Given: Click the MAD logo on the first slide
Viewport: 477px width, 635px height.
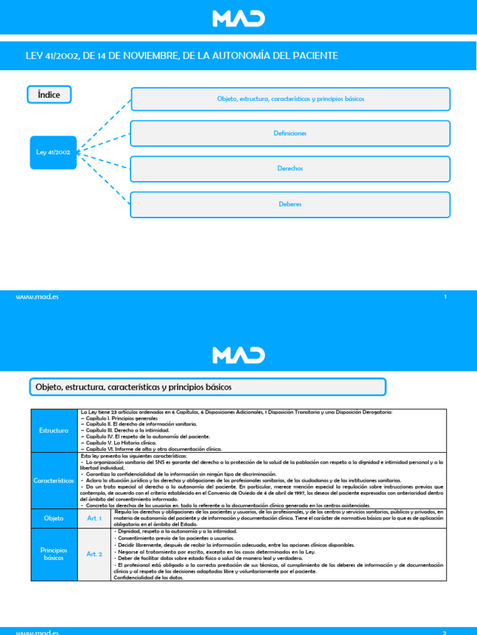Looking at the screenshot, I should pos(238,18).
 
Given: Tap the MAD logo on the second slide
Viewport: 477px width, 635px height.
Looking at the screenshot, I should pos(238,355).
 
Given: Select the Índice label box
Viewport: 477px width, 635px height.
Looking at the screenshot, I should pos(49,95).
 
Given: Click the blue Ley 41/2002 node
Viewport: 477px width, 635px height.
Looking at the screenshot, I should pos(53,152).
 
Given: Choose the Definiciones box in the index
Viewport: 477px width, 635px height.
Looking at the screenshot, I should pos(290,133).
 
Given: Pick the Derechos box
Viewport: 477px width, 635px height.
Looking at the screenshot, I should pos(290,169).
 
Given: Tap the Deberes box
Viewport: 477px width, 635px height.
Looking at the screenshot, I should pos(290,204).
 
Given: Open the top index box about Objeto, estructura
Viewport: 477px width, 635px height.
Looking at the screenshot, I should pos(290,99).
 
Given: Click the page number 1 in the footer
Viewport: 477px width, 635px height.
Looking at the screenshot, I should pos(445,297).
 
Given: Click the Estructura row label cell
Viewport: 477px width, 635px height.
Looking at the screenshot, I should pos(53,430).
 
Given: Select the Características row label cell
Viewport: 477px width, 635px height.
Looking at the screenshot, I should pos(53,480).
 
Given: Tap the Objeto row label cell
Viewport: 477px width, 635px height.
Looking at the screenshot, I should pos(53,518).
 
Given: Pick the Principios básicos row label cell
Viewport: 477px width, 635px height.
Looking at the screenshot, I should pos(53,554).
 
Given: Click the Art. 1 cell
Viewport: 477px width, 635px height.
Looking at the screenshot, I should pos(94,518).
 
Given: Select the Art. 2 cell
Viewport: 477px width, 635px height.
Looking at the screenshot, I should pos(94,554).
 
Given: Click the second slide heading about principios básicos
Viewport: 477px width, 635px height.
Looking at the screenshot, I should pos(131,387).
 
